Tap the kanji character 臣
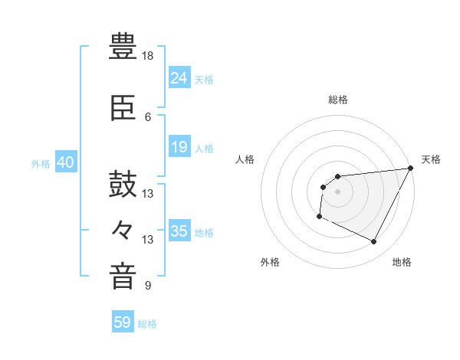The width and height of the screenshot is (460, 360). pos(123,109)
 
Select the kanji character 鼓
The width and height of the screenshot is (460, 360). pos(123,185)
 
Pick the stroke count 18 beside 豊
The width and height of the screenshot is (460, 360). pos(148,56)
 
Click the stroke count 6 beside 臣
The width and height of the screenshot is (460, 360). pos(148,117)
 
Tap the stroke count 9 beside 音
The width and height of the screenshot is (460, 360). pos(148,286)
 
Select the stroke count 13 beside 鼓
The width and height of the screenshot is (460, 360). pos(148,194)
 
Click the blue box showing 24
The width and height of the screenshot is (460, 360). pos(179,77)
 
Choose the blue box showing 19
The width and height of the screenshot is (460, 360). pos(179,147)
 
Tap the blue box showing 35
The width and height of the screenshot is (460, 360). pos(179,231)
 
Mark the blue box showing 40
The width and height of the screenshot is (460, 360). pos(65,162)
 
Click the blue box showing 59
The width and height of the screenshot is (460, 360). pos(123,322)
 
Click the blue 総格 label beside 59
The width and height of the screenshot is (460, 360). pos(148,324)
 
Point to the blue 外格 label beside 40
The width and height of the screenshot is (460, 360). pos(41,163)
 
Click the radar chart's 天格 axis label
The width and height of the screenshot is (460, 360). pos(431,159)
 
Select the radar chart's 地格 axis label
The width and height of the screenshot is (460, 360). pos(402,263)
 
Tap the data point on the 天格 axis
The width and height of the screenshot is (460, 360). pos(411,168)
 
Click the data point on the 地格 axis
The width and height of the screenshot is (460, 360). pos(374,242)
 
